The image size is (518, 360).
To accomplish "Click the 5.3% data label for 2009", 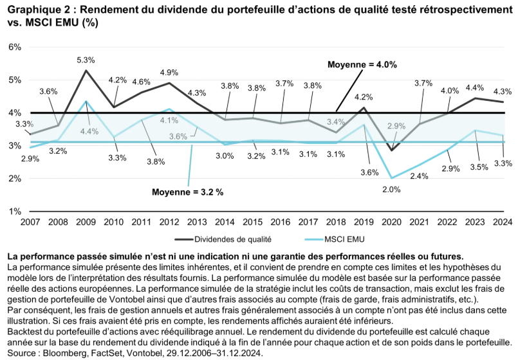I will tap(86, 60).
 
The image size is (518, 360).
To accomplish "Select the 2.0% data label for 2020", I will tap(391, 190).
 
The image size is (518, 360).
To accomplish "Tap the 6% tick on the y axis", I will tap(15, 47).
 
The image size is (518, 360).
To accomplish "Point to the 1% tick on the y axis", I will tap(15, 211).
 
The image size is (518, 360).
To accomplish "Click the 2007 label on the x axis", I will tap(30, 222).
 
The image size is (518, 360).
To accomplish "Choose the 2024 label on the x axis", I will tap(503, 222).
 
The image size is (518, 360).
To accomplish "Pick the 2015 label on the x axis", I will tap(252, 222).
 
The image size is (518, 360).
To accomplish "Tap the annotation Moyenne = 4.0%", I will tap(362, 64).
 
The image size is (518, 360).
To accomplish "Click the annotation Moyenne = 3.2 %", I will tap(188, 192).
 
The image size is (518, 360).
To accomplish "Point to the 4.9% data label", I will tap(169, 73).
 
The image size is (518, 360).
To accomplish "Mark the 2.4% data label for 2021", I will tap(420, 175).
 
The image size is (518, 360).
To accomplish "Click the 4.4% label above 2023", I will tap(474, 87).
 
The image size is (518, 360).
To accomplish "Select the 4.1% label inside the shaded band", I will tap(169, 120).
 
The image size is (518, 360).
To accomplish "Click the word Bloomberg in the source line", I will tap(59, 353).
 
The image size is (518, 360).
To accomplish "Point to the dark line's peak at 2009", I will tap(86, 70).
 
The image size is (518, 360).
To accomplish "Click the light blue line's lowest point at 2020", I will tap(391, 178).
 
